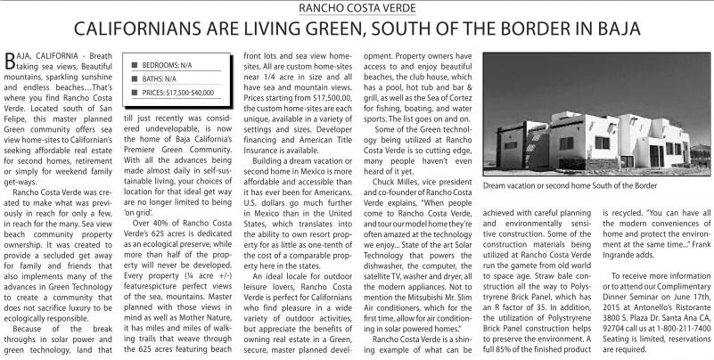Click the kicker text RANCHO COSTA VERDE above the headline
tap(357, 8)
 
